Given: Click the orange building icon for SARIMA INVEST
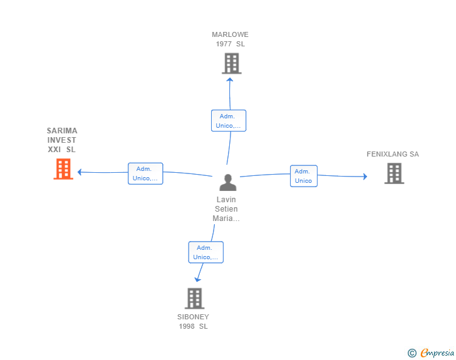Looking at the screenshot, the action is pos(63,169).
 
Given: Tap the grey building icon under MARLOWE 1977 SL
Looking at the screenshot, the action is pos(232,63).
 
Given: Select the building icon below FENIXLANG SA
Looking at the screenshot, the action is pos(395,173).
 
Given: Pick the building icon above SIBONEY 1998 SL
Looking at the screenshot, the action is pos(195,299).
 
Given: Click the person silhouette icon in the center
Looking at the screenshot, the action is pos(228,182).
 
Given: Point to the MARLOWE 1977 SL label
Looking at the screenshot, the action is pos(230,39).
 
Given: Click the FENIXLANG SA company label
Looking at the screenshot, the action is pos(393,154).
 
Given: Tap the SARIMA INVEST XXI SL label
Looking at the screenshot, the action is pos(62,140).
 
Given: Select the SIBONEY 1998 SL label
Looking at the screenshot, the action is pos(193,322).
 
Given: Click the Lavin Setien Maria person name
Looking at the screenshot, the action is pos(226,209).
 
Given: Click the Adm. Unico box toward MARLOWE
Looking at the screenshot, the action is pos(229,121).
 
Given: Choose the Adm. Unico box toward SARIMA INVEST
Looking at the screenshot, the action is pos(145,173).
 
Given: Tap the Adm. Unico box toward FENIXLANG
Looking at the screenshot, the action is pos(304,176).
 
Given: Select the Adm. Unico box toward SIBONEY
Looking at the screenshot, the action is pos(206,252).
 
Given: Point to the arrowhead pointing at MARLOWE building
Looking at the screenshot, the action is pos(230,80).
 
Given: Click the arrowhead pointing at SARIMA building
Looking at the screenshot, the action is pos(80,172).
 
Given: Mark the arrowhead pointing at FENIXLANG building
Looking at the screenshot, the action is pos(365,176).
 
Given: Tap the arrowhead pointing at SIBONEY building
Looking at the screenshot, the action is pos(197,280).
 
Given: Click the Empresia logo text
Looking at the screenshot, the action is pos(437,352).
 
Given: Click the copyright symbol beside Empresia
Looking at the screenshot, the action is pos(412,353).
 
